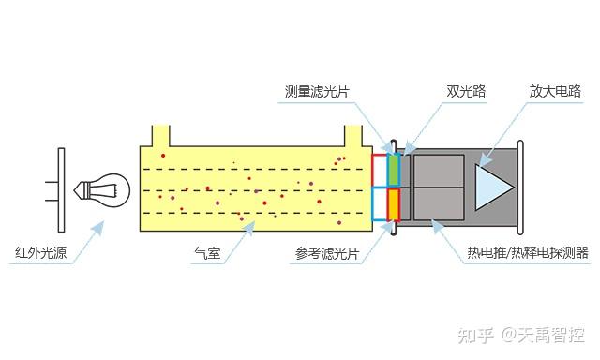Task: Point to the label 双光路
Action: click(x=465, y=92)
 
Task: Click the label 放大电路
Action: click(x=555, y=92)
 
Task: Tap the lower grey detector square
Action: click(x=438, y=205)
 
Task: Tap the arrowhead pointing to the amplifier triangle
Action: click(x=486, y=159)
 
